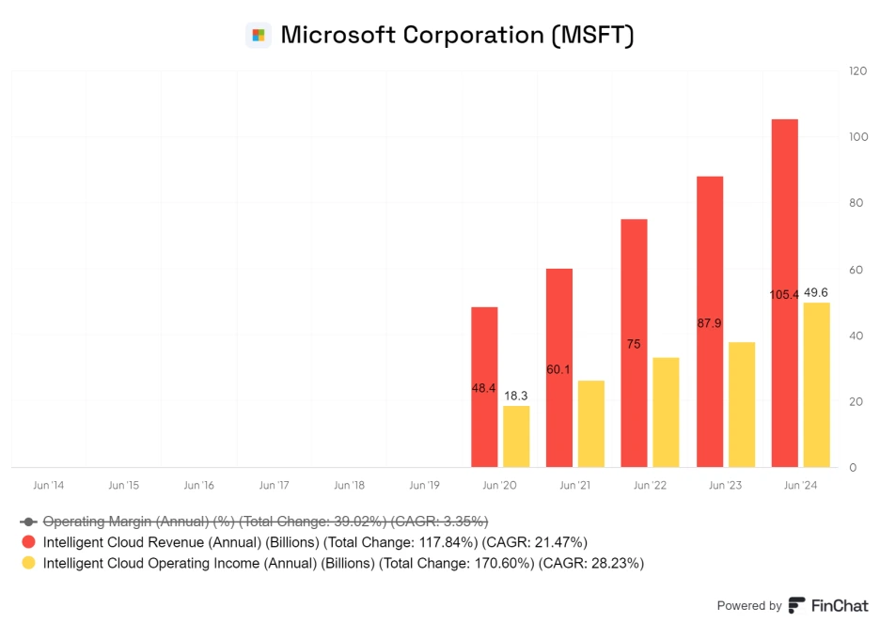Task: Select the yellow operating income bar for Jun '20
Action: point(516,436)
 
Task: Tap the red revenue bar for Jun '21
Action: point(559,367)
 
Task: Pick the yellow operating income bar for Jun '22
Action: point(666,413)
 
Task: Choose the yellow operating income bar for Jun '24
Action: point(816,385)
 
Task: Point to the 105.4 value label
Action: point(784,294)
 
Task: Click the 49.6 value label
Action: point(816,292)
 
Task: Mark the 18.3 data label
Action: point(516,396)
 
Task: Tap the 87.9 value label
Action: point(710,322)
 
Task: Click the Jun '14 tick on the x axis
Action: point(48,486)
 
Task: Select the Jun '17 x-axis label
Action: point(274,486)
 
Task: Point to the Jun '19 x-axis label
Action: point(424,486)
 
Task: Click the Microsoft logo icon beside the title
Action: point(258,36)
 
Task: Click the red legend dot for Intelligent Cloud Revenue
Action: point(28,542)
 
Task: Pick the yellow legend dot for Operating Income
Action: point(28,563)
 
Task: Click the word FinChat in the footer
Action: point(840,606)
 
